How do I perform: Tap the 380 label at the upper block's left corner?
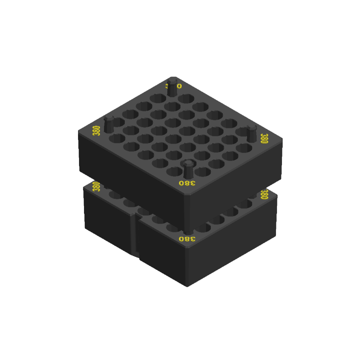(x=97, y=131)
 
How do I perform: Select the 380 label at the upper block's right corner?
(x=264, y=138)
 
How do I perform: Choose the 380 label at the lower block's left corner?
(x=96, y=186)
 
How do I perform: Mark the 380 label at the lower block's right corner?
(x=264, y=194)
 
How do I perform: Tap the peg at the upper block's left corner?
(x=109, y=125)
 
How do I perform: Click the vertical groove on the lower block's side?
(x=134, y=233)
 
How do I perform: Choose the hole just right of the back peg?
(x=186, y=98)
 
